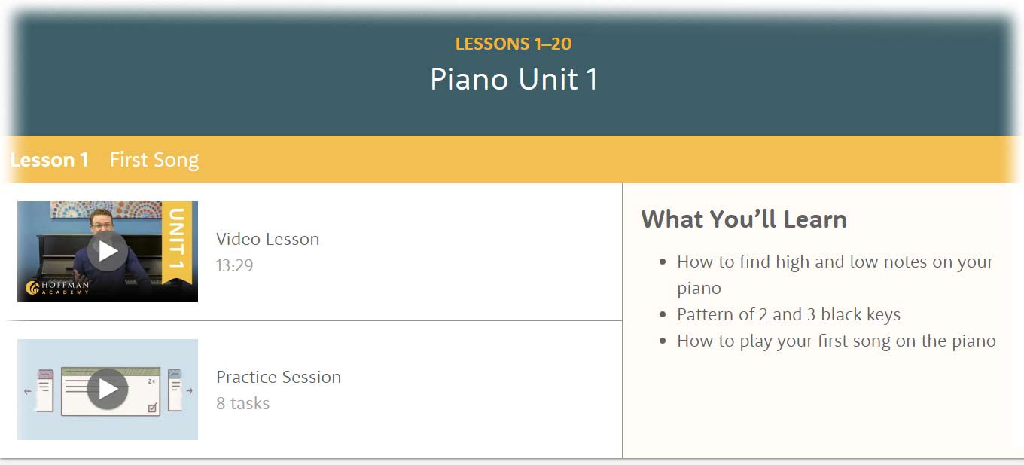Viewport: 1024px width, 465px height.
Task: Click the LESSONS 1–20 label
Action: pyautogui.click(x=514, y=44)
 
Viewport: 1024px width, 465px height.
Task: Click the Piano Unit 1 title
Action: pyautogui.click(x=514, y=79)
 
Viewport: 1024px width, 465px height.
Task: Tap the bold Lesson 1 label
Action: pyautogui.click(x=50, y=160)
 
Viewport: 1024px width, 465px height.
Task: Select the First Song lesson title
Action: pyautogui.click(x=154, y=161)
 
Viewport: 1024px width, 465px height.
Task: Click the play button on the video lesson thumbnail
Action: pyautogui.click(x=108, y=251)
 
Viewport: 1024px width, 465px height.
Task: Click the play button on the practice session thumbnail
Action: pyautogui.click(x=108, y=389)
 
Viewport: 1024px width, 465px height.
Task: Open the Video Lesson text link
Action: pyautogui.click(x=267, y=239)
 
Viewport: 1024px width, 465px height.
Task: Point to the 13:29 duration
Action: pyautogui.click(x=234, y=265)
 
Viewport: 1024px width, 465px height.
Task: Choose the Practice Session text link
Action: pyautogui.click(x=279, y=377)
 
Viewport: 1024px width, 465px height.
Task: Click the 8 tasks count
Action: pyautogui.click(x=242, y=403)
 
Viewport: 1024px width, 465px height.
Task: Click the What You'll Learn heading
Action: pyautogui.click(x=744, y=219)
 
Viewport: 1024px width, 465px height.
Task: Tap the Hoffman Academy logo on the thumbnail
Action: pyautogui.click(x=57, y=288)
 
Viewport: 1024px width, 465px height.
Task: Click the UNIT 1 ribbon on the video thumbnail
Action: pyautogui.click(x=177, y=242)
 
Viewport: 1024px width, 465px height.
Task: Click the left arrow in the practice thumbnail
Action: pyautogui.click(x=27, y=391)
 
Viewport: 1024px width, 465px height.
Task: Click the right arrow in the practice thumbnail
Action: pyautogui.click(x=189, y=391)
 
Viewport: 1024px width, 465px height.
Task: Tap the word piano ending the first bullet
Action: pyautogui.click(x=699, y=289)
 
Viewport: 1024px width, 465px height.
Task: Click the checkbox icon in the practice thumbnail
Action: pyautogui.click(x=153, y=407)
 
